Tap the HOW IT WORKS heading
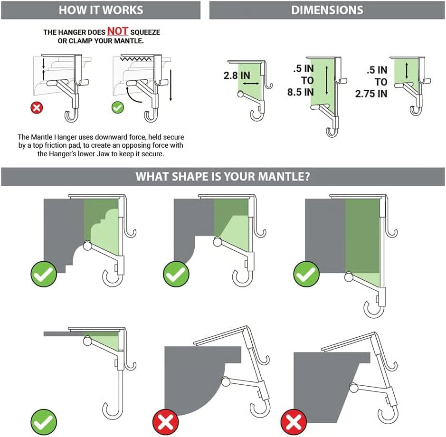(x=100, y=10)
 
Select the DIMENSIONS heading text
(x=327, y=10)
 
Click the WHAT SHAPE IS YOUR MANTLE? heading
(x=223, y=177)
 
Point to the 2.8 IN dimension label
(x=237, y=76)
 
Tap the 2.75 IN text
(x=371, y=94)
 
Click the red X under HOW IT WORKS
(x=37, y=107)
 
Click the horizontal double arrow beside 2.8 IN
(x=251, y=83)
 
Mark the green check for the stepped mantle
(x=44, y=275)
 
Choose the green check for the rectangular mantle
(x=307, y=275)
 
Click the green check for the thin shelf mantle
(x=44, y=421)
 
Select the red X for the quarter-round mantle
(x=165, y=421)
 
